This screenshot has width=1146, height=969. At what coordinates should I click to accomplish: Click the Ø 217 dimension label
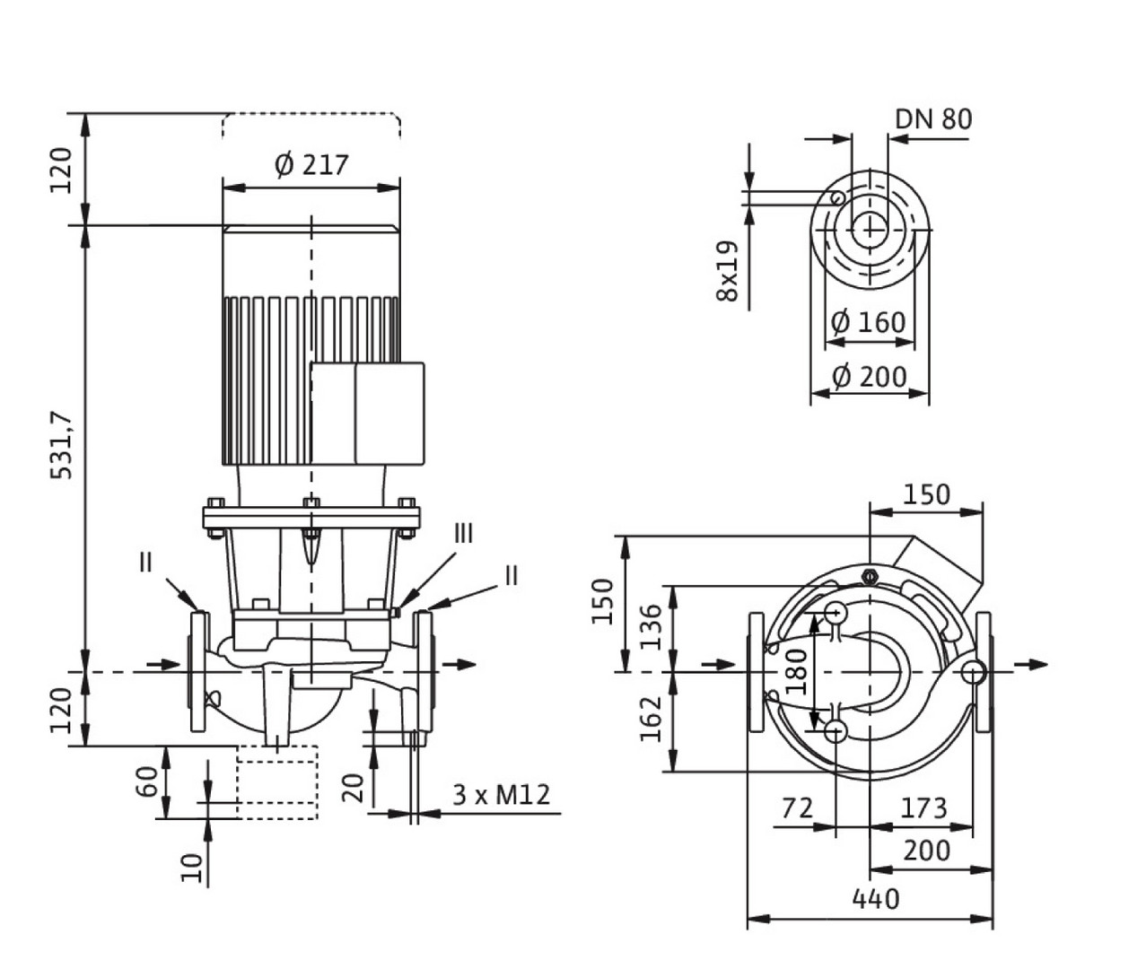(x=311, y=165)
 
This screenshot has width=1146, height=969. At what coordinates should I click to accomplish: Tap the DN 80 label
(x=932, y=119)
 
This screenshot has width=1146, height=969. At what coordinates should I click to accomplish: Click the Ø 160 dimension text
(x=868, y=321)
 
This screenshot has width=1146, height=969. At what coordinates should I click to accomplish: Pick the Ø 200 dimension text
(x=868, y=376)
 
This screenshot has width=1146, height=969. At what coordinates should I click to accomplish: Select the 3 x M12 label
(x=500, y=795)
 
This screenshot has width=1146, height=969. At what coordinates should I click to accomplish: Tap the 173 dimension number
(x=923, y=808)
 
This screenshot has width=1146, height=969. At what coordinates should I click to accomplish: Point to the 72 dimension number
(x=797, y=808)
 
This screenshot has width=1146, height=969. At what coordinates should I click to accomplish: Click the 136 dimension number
(x=653, y=626)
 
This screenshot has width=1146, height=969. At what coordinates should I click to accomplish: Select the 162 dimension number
(x=653, y=719)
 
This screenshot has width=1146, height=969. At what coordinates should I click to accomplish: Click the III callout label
(x=462, y=535)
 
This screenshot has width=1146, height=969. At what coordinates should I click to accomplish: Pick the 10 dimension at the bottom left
(x=191, y=866)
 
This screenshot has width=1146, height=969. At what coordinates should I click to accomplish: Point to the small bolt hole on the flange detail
(x=836, y=198)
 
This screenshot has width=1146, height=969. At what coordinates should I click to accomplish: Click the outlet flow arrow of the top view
(x=1032, y=664)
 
